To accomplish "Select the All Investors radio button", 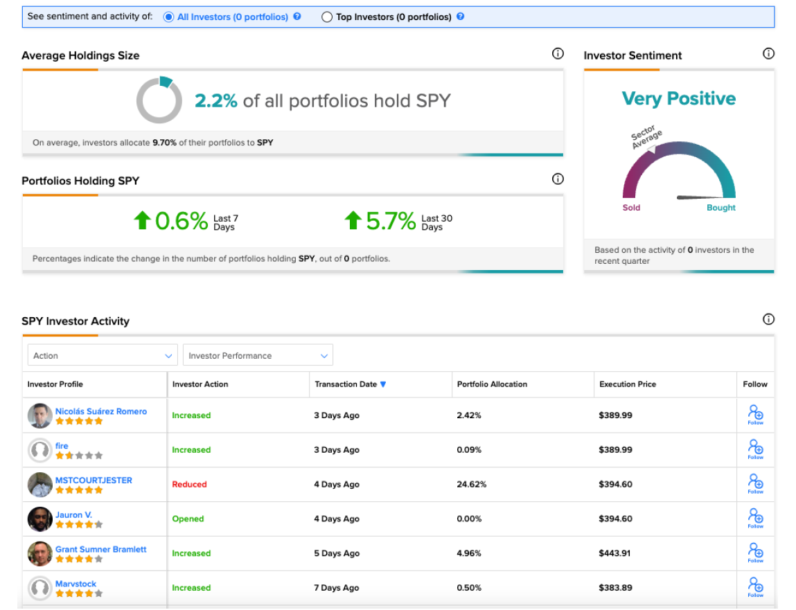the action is (168, 17).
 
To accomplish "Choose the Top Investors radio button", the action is (327, 17).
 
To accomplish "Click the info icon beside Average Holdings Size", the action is (558, 54).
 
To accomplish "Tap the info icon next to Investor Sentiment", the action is (768, 54).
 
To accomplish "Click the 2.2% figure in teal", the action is (216, 101).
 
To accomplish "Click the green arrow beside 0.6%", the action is (142, 220).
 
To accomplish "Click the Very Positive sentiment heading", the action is (679, 98).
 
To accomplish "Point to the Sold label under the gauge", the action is (632, 208).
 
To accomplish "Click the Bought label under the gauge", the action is (721, 208).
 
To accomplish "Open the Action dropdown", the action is (103, 355).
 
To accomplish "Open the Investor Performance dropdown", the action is (258, 355).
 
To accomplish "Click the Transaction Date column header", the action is (346, 384).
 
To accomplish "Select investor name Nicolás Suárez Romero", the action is (101, 411).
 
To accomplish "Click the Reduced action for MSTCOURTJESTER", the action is (189, 484).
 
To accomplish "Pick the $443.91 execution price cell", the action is (614, 553).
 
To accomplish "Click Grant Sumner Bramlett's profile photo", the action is (40, 553).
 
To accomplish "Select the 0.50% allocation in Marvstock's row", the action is (469, 588).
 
